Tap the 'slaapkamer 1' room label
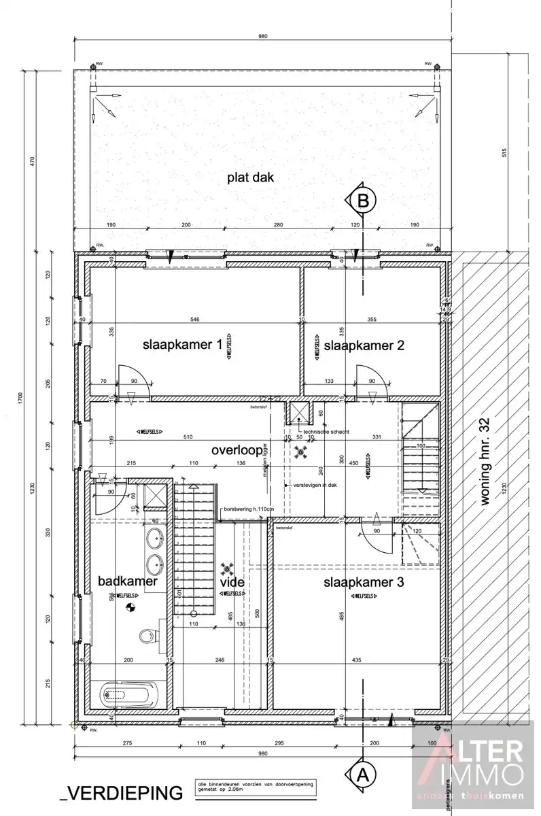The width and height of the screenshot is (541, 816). (182, 345)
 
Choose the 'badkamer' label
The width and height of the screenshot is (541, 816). (128, 581)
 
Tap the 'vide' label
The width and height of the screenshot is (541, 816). (232, 583)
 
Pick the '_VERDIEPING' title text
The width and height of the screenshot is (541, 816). (122, 792)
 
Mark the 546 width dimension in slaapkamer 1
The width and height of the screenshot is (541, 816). (194, 319)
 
